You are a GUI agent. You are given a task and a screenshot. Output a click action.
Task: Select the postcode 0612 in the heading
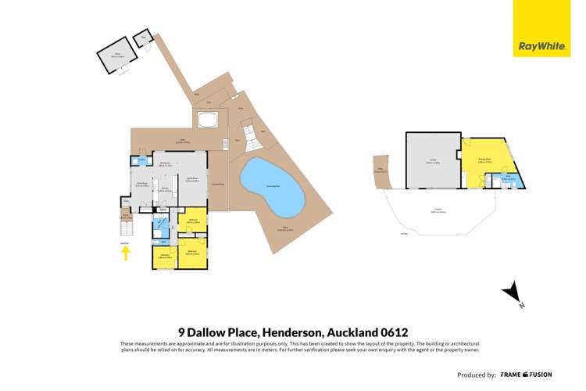point(391,332)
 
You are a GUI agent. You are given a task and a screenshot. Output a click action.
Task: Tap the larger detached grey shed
point(116,57)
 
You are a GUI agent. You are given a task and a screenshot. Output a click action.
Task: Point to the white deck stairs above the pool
point(252,140)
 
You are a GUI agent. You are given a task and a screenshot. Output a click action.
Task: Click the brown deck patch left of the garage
point(381,170)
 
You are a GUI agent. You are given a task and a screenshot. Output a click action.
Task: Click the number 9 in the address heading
point(182,332)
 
